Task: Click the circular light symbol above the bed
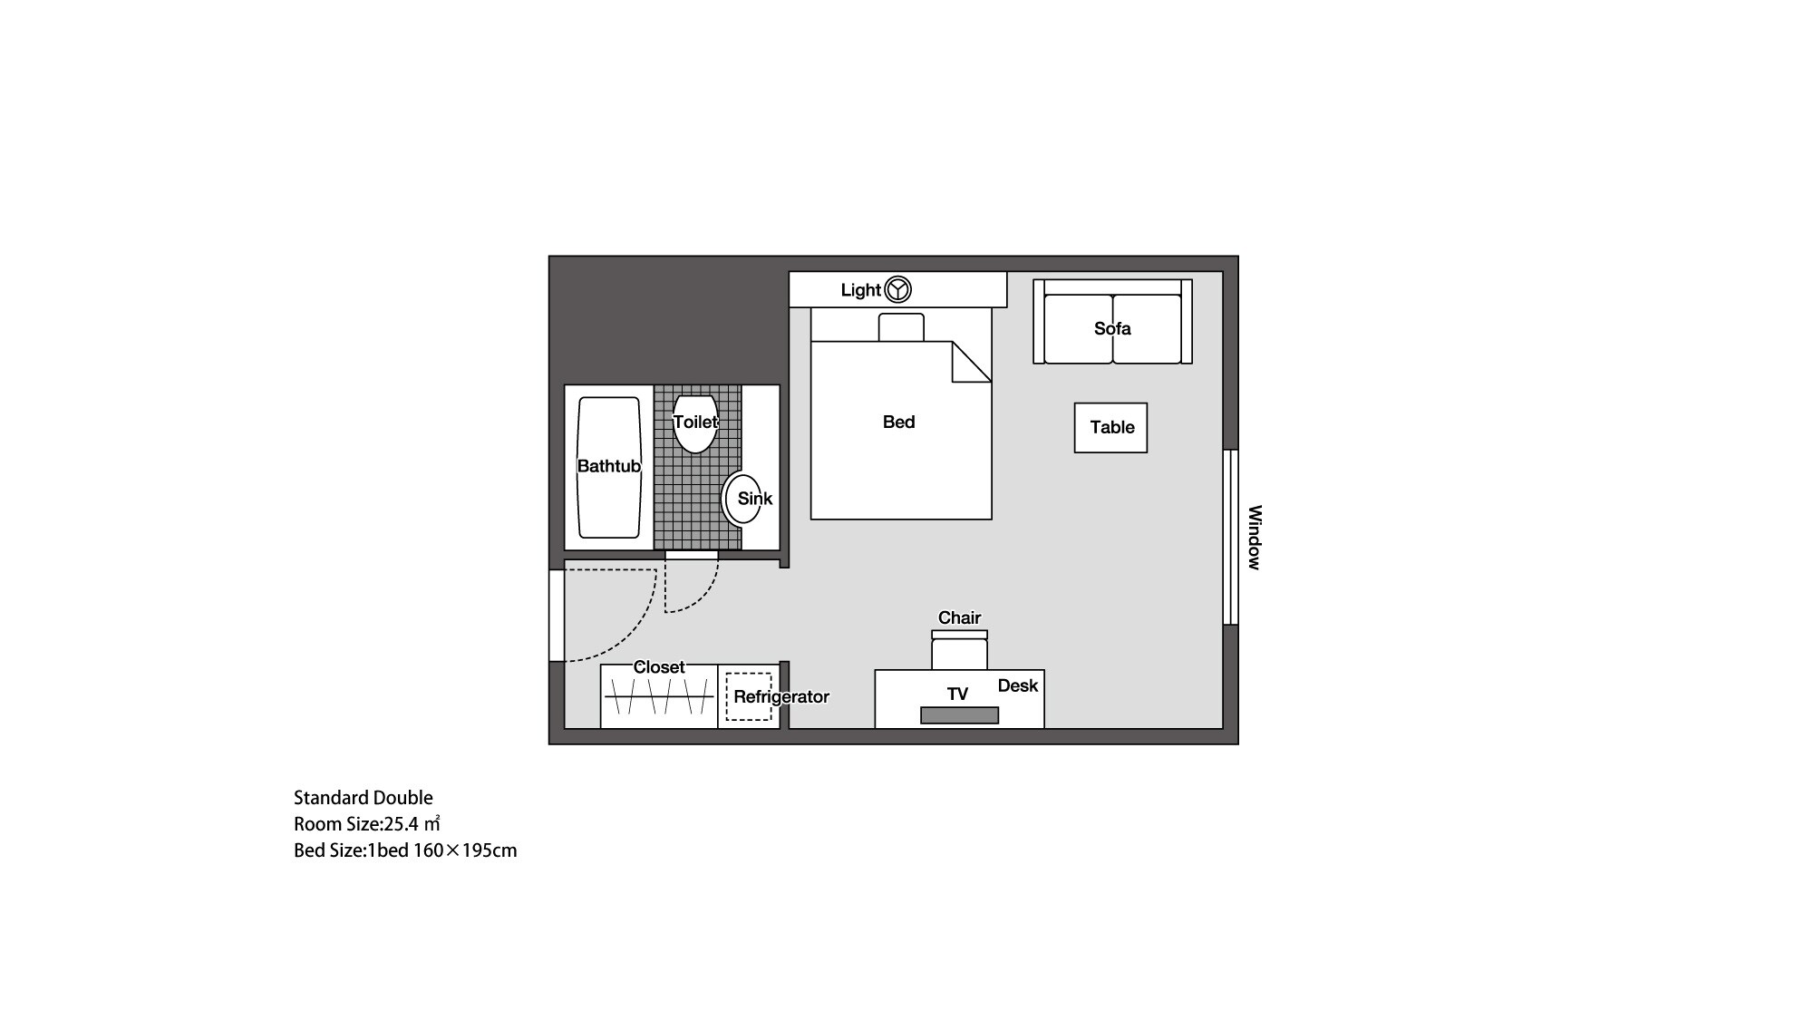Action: pos(897,289)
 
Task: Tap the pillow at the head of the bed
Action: pos(901,327)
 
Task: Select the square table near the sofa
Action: pos(1110,428)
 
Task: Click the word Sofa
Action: pos(1112,328)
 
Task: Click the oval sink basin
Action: pos(742,499)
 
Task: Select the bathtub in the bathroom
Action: pos(609,467)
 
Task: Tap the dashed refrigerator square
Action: pos(749,696)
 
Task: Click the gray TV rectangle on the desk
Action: pos(959,715)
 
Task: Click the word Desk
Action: pos(1017,685)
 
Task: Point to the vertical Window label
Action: pos(1255,538)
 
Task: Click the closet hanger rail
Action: pos(659,696)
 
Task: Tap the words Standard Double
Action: pos(364,798)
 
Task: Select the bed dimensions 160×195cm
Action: pos(465,850)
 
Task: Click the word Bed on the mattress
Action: pos(898,422)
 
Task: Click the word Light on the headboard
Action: pos(860,290)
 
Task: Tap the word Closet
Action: pos(659,667)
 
